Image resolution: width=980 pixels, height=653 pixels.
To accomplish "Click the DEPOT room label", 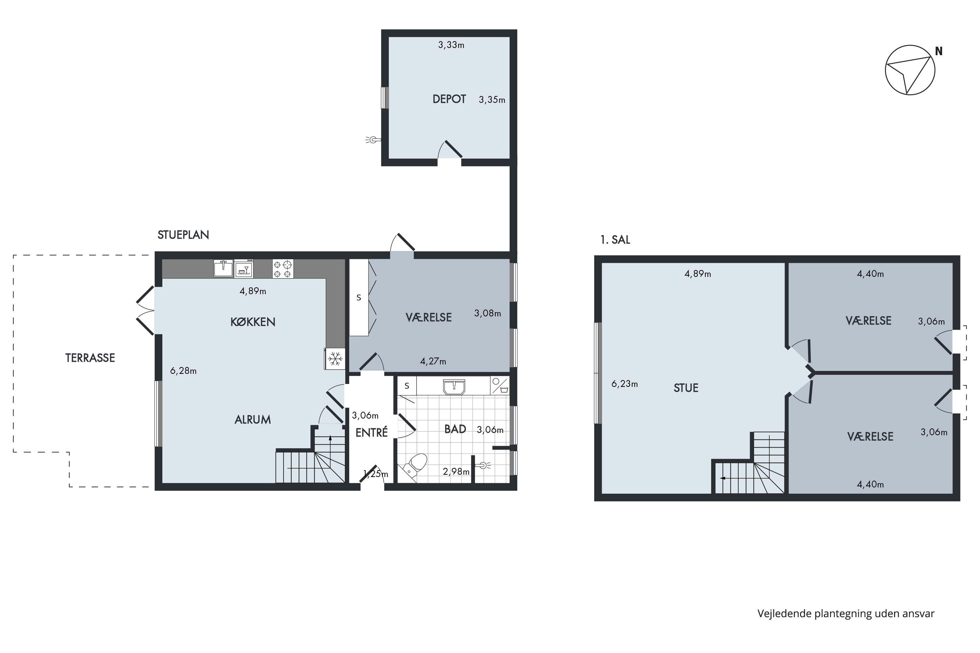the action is click(x=449, y=99).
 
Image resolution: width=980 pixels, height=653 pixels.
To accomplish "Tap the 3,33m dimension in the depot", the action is click(x=451, y=45).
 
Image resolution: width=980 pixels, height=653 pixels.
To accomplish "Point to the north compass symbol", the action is click(x=910, y=70).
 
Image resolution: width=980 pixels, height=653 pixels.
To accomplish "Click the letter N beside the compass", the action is click(x=939, y=51).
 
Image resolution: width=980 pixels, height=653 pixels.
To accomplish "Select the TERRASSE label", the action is click(x=90, y=358).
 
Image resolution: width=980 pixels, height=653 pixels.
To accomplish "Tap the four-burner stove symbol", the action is click(x=283, y=269).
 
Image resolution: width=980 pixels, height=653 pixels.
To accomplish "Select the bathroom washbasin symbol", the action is click(x=454, y=387).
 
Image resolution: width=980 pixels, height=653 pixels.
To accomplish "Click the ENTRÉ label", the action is click(x=372, y=432).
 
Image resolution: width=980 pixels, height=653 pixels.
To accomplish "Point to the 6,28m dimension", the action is click(x=183, y=371).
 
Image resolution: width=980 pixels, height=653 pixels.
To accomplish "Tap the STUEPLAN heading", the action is click(x=183, y=235).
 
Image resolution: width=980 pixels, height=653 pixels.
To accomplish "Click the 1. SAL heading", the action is click(x=615, y=240).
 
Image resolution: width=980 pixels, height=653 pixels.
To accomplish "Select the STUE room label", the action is click(x=686, y=388).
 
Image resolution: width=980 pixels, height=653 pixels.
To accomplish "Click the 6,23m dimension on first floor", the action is click(x=625, y=384).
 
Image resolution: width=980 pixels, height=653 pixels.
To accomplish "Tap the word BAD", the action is click(x=455, y=429).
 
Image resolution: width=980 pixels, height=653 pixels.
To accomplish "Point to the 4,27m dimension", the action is click(x=433, y=361).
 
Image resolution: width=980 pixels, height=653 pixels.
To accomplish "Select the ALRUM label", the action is click(x=253, y=420).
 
